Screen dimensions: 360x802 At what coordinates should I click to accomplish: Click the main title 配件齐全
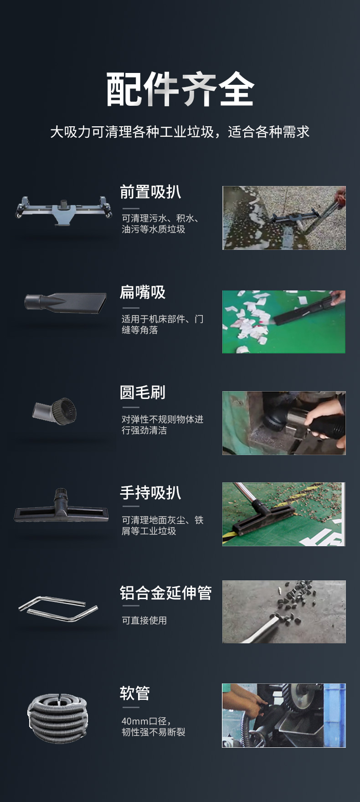180,89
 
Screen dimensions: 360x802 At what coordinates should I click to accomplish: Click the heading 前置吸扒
150,192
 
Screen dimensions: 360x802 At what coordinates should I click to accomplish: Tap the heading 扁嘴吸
143,292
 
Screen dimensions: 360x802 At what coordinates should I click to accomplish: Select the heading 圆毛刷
143,392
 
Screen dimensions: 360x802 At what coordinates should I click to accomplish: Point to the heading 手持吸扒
150,493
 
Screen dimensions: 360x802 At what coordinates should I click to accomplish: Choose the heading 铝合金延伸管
166,593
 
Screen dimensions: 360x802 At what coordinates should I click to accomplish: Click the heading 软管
135,693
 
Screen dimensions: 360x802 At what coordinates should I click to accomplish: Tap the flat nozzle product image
65,303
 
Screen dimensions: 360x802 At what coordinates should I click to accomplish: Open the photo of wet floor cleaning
284,218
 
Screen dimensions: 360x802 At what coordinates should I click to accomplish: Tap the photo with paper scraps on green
284,322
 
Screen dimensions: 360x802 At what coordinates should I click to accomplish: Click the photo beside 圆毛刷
284,423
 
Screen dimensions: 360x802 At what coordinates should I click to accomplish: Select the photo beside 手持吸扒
284,514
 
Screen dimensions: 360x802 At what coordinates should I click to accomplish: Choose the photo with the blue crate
284,715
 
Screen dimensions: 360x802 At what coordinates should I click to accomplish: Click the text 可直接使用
144,620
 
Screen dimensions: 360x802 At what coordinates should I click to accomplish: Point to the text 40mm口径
146,721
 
